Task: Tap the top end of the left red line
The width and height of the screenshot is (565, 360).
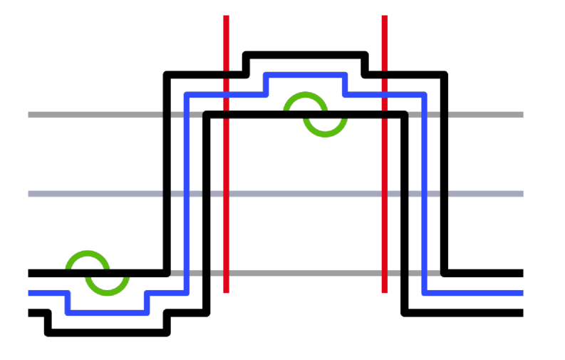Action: (x=226, y=16)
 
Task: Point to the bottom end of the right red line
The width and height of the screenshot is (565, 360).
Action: (x=385, y=292)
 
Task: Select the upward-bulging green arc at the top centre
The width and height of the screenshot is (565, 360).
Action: (x=306, y=95)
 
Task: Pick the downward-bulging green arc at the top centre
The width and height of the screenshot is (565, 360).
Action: (x=325, y=133)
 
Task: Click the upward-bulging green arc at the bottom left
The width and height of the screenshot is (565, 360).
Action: (x=88, y=254)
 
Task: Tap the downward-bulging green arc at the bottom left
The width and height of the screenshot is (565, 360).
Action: (x=107, y=292)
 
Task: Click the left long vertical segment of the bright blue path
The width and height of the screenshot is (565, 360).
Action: (x=187, y=192)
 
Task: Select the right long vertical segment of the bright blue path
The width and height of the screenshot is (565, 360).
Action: (x=424, y=192)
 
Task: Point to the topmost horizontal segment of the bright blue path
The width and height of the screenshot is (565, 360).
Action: (x=305, y=75)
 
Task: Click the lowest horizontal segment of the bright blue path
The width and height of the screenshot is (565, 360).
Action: (x=107, y=312)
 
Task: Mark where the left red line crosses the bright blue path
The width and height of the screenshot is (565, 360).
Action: (x=226, y=95)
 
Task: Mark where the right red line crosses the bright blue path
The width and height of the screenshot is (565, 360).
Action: (x=385, y=95)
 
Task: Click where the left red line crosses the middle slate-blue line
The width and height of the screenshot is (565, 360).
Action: (x=226, y=193)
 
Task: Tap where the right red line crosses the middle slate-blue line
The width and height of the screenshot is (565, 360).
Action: (x=385, y=193)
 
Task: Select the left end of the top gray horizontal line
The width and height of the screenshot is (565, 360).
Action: (x=29, y=115)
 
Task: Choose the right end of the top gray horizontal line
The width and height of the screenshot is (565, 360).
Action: (x=522, y=115)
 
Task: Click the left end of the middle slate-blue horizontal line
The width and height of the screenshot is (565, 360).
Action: (x=29, y=193)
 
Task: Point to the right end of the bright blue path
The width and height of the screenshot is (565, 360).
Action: (x=522, y=292)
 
